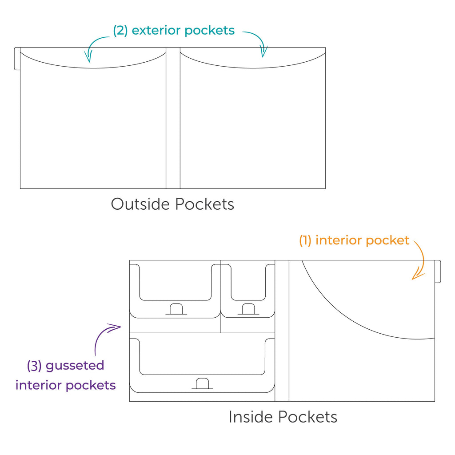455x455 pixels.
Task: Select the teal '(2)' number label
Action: coord(120,31)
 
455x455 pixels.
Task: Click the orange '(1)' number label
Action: coord(305,240)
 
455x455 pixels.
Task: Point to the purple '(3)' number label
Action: coord(34,366)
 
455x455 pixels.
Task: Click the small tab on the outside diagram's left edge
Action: coord(17,59)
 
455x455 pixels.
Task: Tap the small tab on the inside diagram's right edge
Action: coord(438,271)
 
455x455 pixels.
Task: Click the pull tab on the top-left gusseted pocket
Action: coord(176,309)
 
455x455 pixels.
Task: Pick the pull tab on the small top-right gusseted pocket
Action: coord(248,309)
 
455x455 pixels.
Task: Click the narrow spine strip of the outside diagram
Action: coord(173,118)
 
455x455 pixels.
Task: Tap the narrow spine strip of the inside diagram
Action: coord(282,331)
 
